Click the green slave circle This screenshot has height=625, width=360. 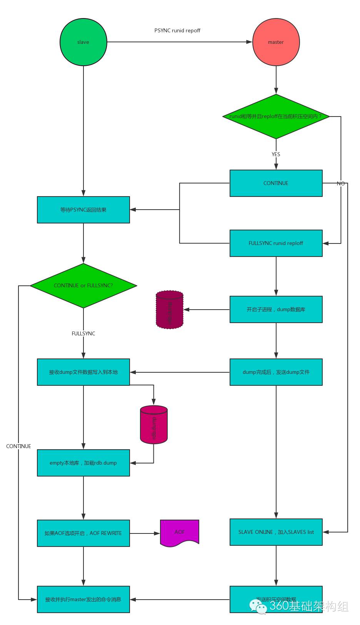click(x=83, y=42)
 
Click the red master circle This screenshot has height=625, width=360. click(x=276, y=42)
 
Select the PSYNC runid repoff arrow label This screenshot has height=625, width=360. click(x=177, y=30)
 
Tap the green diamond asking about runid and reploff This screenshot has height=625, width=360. click(x=276, y=116)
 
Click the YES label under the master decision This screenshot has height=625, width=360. click(x=276, y=154)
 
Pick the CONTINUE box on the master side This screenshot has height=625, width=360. click(x=276, y=183)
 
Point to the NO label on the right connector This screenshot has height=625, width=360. click(x=341, y=183)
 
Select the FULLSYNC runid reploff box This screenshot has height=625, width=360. click(x=276, y=243)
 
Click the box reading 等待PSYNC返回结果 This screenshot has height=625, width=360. click(x=83, y=210)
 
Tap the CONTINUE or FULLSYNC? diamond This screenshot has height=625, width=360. click(x=83, y=285)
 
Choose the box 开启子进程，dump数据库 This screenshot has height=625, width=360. click(x=276, y=309)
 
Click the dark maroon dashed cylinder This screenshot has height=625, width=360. click(x=170, y=310)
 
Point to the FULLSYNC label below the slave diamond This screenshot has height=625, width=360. click(x=83, y=333)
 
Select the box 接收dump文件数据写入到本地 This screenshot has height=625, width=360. click(x=83, y=372)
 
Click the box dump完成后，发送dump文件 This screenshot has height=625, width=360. click(x=276, y=372)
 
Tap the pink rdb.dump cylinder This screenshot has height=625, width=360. click(x=154, y=425)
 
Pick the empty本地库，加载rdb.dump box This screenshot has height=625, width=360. click(x=83, y=463)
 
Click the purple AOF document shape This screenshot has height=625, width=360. click(x=180, y=533)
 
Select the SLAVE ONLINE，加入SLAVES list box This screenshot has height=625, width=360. click(x=276, y=532)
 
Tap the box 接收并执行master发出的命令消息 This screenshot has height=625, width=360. click(x=83, y=599)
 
